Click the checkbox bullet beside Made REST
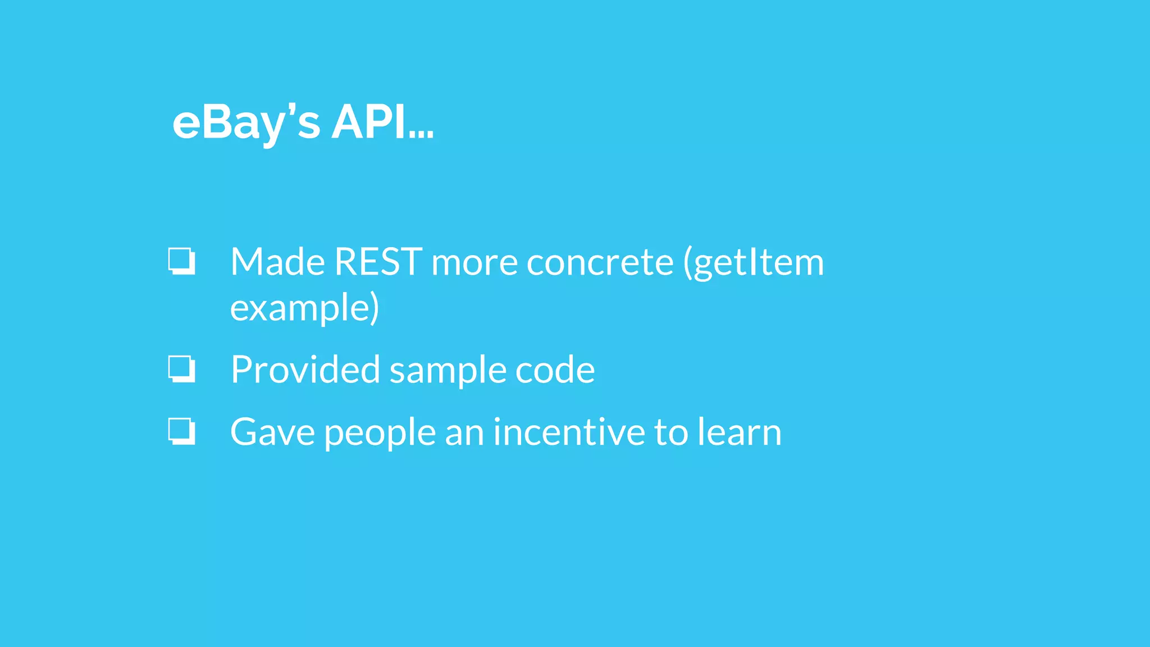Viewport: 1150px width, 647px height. pyautogui.click(x=182, y=261)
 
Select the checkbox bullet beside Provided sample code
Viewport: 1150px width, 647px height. pyautogui.click(x=182, y=369)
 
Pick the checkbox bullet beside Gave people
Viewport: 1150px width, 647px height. pyautogui.click(x=182, y=431)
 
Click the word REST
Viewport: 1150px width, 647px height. pyautogui.click(x=378, y=262)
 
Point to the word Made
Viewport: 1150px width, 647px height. pyautogui.click(x=277, y=262)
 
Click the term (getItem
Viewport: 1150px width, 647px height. pyautogui.click(x=753, y=263)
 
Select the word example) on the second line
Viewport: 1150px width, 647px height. pyautogui.click(x=304, y=308)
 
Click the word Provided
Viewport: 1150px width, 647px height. pyautogui.click(x=305, y=370)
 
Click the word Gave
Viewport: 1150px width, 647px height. pyautogui.click(x=272, y=432)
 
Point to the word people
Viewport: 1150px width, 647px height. pyautogui.click(x=380, y=433)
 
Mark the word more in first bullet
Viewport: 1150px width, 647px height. pyautogui.click(x=474, y=263)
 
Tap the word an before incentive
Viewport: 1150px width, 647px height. pyautogui.click(x=464, y=433)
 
